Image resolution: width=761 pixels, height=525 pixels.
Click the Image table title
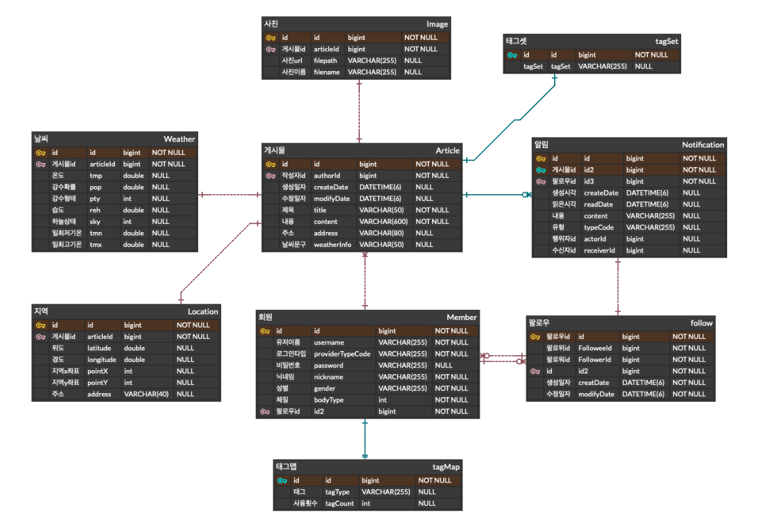pos(437,24)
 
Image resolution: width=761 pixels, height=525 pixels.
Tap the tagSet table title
pos(666,41)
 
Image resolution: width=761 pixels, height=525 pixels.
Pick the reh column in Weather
pos(95,210)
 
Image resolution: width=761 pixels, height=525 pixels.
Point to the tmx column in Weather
pos(97,244)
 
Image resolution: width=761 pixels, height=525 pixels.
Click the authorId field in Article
pos(327,175)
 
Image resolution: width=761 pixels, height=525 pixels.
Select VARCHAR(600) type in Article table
pos(384,221)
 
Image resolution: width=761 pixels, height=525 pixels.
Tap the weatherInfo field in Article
pos(332,244)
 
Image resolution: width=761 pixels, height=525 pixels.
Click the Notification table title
pos(702,144)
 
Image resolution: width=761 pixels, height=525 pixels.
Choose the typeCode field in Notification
pos(599,227)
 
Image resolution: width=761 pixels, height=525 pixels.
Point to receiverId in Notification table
pos(599,250)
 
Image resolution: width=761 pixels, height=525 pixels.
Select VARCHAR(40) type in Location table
pos(146,394)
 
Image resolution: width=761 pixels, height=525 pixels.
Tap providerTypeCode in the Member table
pos(342,354)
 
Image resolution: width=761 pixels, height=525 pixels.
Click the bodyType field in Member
pos(329,400)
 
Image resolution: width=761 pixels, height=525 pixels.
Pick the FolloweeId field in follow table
pos(595,348)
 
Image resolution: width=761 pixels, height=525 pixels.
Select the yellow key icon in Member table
pos(264,331)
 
